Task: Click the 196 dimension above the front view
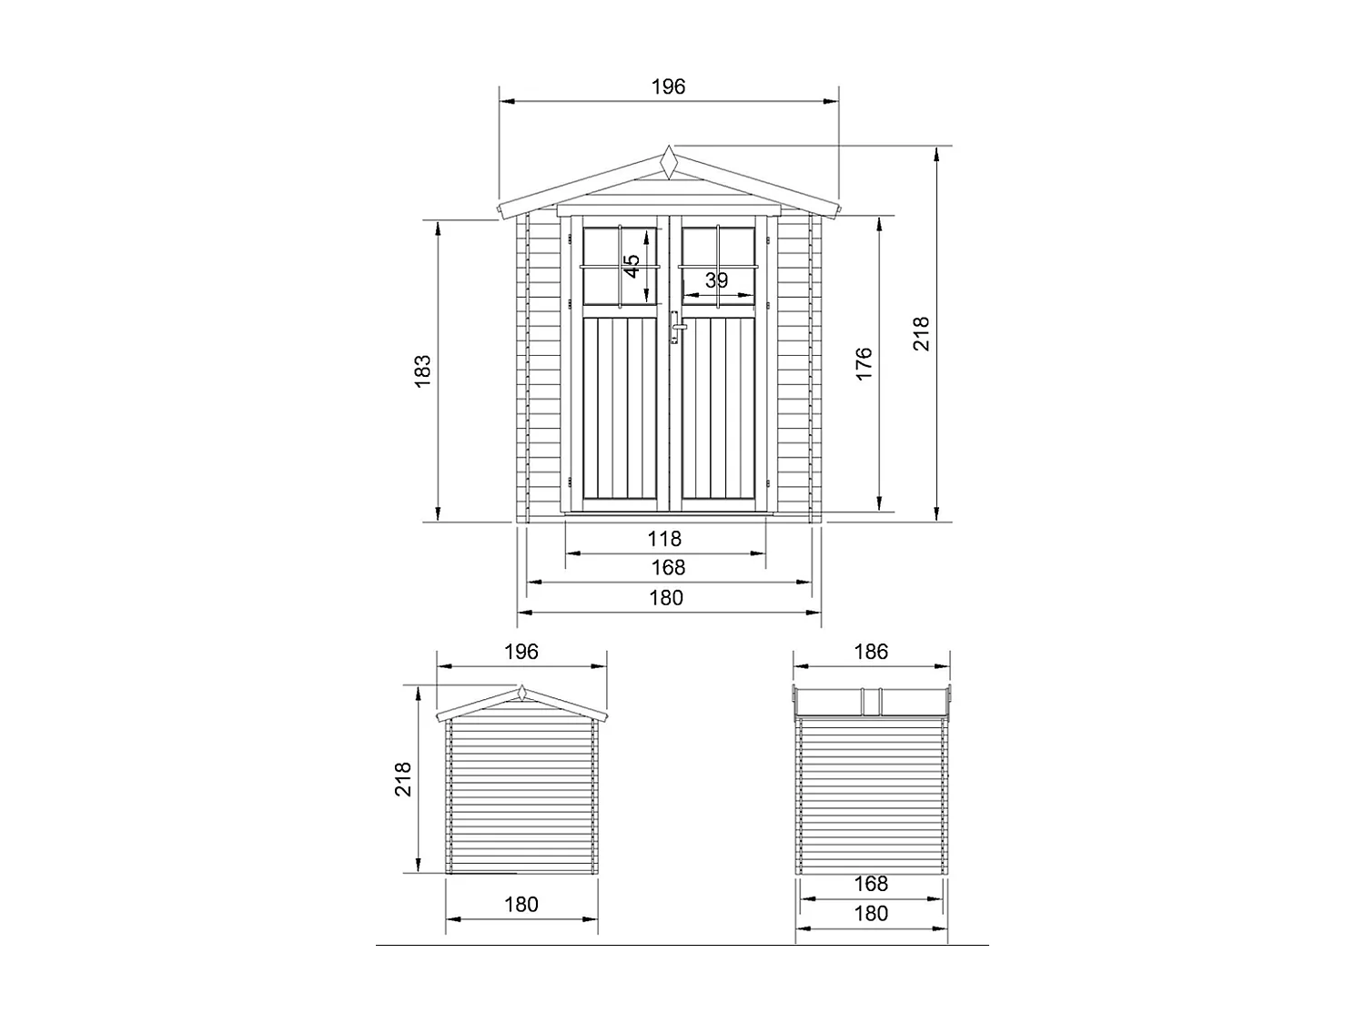coord(668,86)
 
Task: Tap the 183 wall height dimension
coord(422,370)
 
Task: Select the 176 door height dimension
coord(864,363)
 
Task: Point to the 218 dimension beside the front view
coord(921,334)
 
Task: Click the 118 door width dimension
coord(664,539)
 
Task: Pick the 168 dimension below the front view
coord(668,568)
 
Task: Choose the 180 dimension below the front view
coord(666,598)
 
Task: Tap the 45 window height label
coord(632,266)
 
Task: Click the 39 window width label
coord(717,280)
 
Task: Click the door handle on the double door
coord(676,326)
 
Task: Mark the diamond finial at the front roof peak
coord(670,163)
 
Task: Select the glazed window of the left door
coord(619,266)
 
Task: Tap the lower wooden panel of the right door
coord(718,409)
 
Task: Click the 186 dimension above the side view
coord(871,652)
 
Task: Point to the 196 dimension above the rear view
coord(521,652)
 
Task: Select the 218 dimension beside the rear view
coord(403,779)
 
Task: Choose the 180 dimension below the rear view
coord(521,905)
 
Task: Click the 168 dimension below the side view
coord(871,884)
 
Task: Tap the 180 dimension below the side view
coord(871,914)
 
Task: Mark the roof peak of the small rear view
coord(521,693)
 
